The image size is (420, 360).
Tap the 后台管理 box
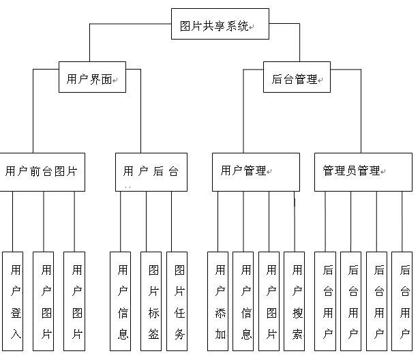pos(296,78)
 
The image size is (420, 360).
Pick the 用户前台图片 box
pos(42,171)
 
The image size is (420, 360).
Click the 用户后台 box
pos(151,171)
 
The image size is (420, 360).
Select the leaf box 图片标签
pos(151,301)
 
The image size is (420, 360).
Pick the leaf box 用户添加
pos(218,301)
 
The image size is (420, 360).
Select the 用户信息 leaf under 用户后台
pos(121,301)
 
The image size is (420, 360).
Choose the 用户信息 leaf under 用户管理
pos(243,301)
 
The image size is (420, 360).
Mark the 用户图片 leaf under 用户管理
pos(269,301)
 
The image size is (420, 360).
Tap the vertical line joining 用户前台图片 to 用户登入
pos(13,221)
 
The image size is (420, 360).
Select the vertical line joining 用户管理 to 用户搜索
pos(294,221)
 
